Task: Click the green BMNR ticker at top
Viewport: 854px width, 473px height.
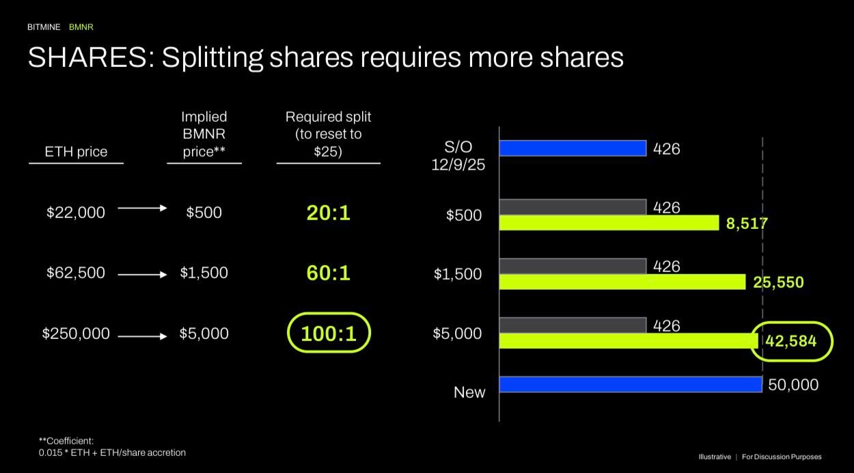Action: click(81, 27)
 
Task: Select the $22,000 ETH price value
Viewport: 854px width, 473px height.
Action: click(76, 213)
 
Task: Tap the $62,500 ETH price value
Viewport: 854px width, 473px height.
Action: click(76, 273)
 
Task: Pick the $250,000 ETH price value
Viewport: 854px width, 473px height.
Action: click(76, 334)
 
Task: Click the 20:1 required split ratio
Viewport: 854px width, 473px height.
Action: click(328, 213)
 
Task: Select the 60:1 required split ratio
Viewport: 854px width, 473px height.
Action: click(328, 273)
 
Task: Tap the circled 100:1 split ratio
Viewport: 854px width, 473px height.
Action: click(328, 334)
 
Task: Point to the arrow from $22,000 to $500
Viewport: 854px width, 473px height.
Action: click(142, 208)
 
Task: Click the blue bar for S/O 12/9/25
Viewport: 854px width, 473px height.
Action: click(573, 148)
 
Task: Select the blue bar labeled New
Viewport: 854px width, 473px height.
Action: click(630, 384)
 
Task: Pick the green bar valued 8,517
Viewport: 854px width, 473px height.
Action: click(609, 223)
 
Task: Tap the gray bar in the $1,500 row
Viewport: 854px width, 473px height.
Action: click(573, 266)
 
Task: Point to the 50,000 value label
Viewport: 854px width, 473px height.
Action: click(793, 385)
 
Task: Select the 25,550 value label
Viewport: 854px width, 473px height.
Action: click(778, 282)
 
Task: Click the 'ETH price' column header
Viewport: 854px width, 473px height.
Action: click(76, 152)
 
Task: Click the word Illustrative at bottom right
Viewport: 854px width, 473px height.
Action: click(714, 457)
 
